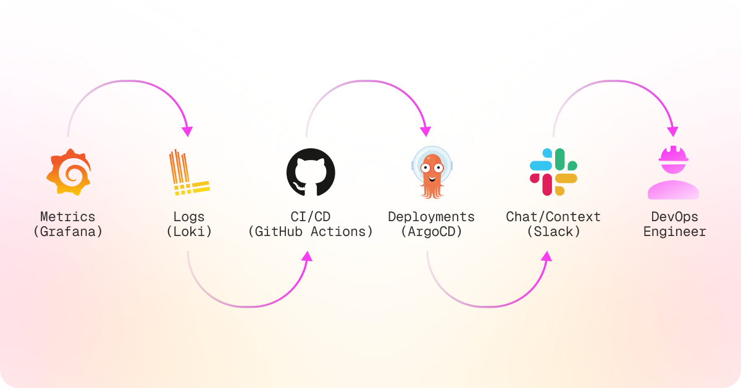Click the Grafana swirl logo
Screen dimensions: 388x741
[69, 172]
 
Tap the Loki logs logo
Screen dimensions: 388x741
[188, 173]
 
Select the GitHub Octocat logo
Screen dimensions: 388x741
[311, 172]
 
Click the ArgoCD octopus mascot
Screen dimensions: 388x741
[431, 172]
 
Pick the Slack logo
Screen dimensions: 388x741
[553, 172]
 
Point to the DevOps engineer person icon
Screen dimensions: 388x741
[673, 174]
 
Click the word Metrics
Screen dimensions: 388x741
[68, 217]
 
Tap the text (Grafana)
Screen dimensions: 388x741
[68, 232]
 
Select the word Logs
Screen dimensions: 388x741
[189, 217]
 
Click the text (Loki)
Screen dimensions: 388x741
[189, 232]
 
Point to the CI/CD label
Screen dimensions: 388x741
[310, 217]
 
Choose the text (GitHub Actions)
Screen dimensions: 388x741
[310, 232]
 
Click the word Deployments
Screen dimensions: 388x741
[431, 217]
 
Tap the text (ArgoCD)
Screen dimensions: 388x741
[431, 232]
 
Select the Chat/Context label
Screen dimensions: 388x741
[553, 217]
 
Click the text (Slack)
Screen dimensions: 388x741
[553, 232]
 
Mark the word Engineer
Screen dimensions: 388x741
[674, 232]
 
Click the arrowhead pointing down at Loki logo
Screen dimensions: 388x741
[187, 132]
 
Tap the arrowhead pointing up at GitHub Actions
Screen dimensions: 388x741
[307, 256]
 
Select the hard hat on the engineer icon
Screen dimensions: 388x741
[673, 153]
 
